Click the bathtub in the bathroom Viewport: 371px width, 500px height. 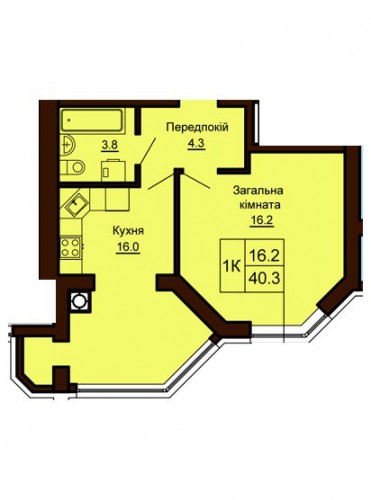[x=93, y=120]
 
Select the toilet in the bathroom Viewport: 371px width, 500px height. [x=73, y=167]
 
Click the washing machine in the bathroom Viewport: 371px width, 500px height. [x=113, y=170]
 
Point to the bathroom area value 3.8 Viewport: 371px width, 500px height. [x=111, y=146]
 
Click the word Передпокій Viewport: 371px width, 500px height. [x=198, y=127]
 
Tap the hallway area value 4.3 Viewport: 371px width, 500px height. [x=195, y=144]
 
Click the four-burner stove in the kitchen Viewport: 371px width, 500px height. [x=70, y=247]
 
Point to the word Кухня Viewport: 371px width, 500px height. [x=128, y=231]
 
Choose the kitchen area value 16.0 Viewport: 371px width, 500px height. [x=128, y=247]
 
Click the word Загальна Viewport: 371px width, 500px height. [x=258, y=191]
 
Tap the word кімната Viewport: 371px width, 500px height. [x=260, y=205]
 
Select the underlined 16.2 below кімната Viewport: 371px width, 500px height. [x=262, y=220]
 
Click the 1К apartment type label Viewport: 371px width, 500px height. [x=232, y=266]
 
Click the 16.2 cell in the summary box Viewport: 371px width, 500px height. [x=264, y=255]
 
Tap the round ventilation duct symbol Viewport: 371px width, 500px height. [x=79, y=300]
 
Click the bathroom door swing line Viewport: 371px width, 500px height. [x=147, y=150]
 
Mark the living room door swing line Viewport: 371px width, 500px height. [x=196, y=180]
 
